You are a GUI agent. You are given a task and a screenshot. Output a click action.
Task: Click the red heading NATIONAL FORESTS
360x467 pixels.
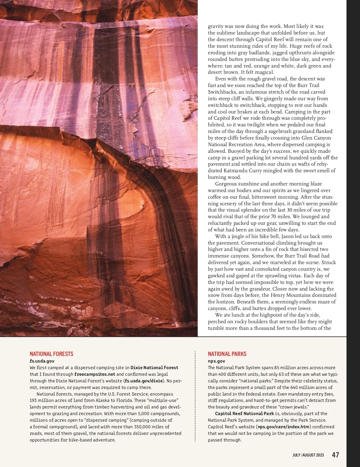51,354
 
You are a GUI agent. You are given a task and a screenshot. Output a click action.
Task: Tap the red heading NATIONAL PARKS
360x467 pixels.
227,354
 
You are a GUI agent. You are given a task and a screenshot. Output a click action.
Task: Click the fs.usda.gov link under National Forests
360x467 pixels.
42,361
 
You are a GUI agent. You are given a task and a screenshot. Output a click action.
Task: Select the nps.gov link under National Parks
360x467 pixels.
216,361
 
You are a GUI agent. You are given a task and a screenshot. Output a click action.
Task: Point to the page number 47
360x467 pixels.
335,455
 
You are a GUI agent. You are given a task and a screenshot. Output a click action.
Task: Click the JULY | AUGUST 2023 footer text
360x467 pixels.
308,455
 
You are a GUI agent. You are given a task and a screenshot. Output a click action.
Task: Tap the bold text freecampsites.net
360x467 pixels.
95,374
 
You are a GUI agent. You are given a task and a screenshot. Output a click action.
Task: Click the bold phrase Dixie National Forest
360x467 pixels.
154,368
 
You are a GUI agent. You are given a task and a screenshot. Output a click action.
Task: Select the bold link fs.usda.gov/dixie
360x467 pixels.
144,381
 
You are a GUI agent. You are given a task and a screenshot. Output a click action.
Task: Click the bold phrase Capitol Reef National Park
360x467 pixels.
244,414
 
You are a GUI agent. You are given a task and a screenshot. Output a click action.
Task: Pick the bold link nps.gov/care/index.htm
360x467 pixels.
283,427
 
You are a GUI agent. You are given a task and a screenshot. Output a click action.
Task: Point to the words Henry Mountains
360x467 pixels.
289,295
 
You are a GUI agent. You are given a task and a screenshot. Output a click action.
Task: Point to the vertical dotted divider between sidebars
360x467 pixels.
195,396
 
